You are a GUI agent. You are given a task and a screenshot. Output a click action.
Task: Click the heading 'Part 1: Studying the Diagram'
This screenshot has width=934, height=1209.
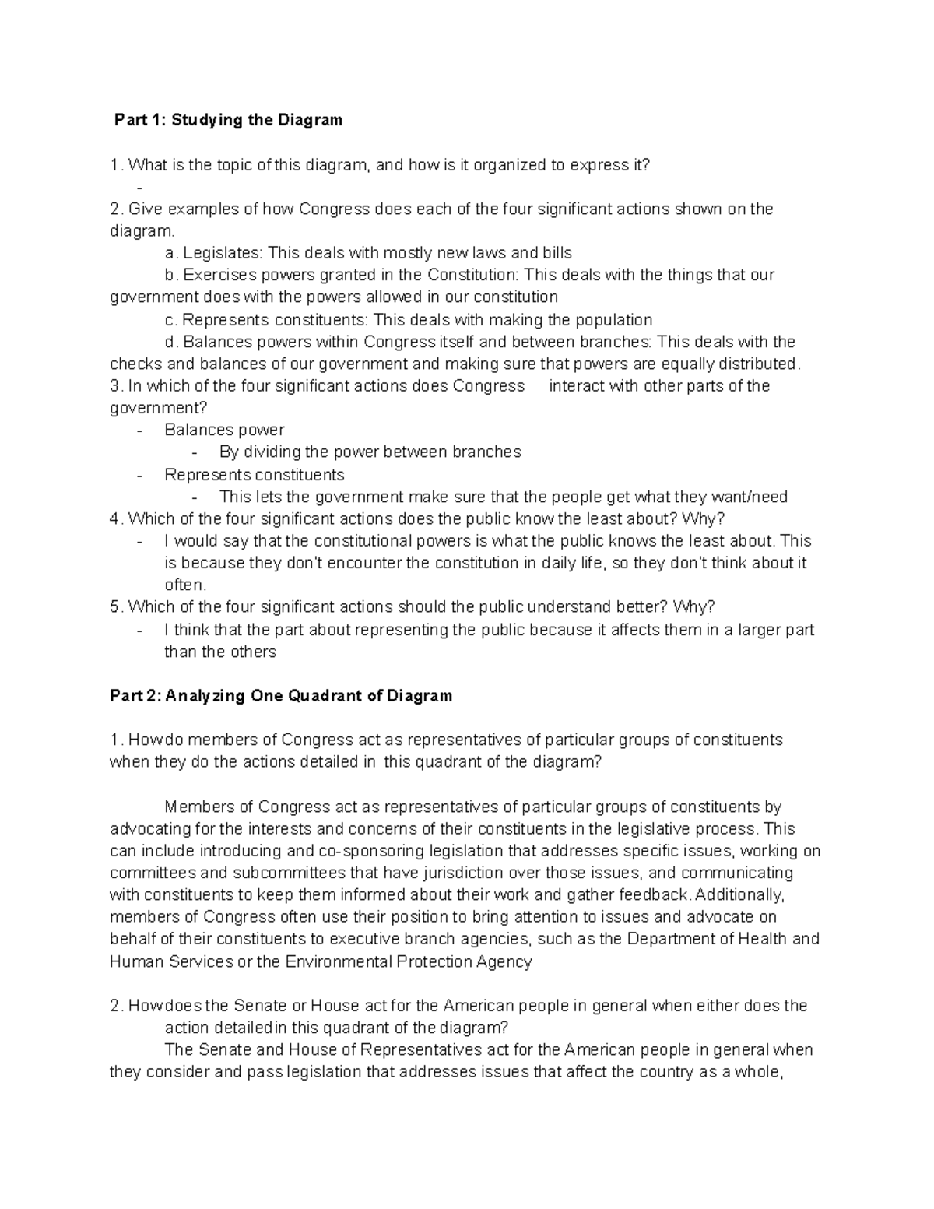click(x=228, y=120)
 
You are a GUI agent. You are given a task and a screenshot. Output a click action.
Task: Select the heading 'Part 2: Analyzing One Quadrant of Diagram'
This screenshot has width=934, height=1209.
click(x=281, y=695)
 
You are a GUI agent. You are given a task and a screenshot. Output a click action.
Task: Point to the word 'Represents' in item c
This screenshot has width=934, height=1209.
click(x=223, y=320)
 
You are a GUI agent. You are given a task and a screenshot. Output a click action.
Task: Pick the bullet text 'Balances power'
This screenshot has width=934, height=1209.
click(x=224, y=430)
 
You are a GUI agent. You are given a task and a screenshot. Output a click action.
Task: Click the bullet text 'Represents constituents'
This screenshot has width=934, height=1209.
click(x=254, y=474)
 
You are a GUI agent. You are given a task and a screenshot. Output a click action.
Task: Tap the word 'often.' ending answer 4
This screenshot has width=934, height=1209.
click(x=185, y=585)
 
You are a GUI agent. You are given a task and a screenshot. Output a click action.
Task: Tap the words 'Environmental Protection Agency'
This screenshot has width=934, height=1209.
click(x=409, y=961)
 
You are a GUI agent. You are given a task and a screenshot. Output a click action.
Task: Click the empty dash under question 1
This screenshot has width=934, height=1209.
click(x=139, y=187)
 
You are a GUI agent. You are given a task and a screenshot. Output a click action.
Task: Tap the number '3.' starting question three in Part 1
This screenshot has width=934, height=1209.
click(x=117, y=386)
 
